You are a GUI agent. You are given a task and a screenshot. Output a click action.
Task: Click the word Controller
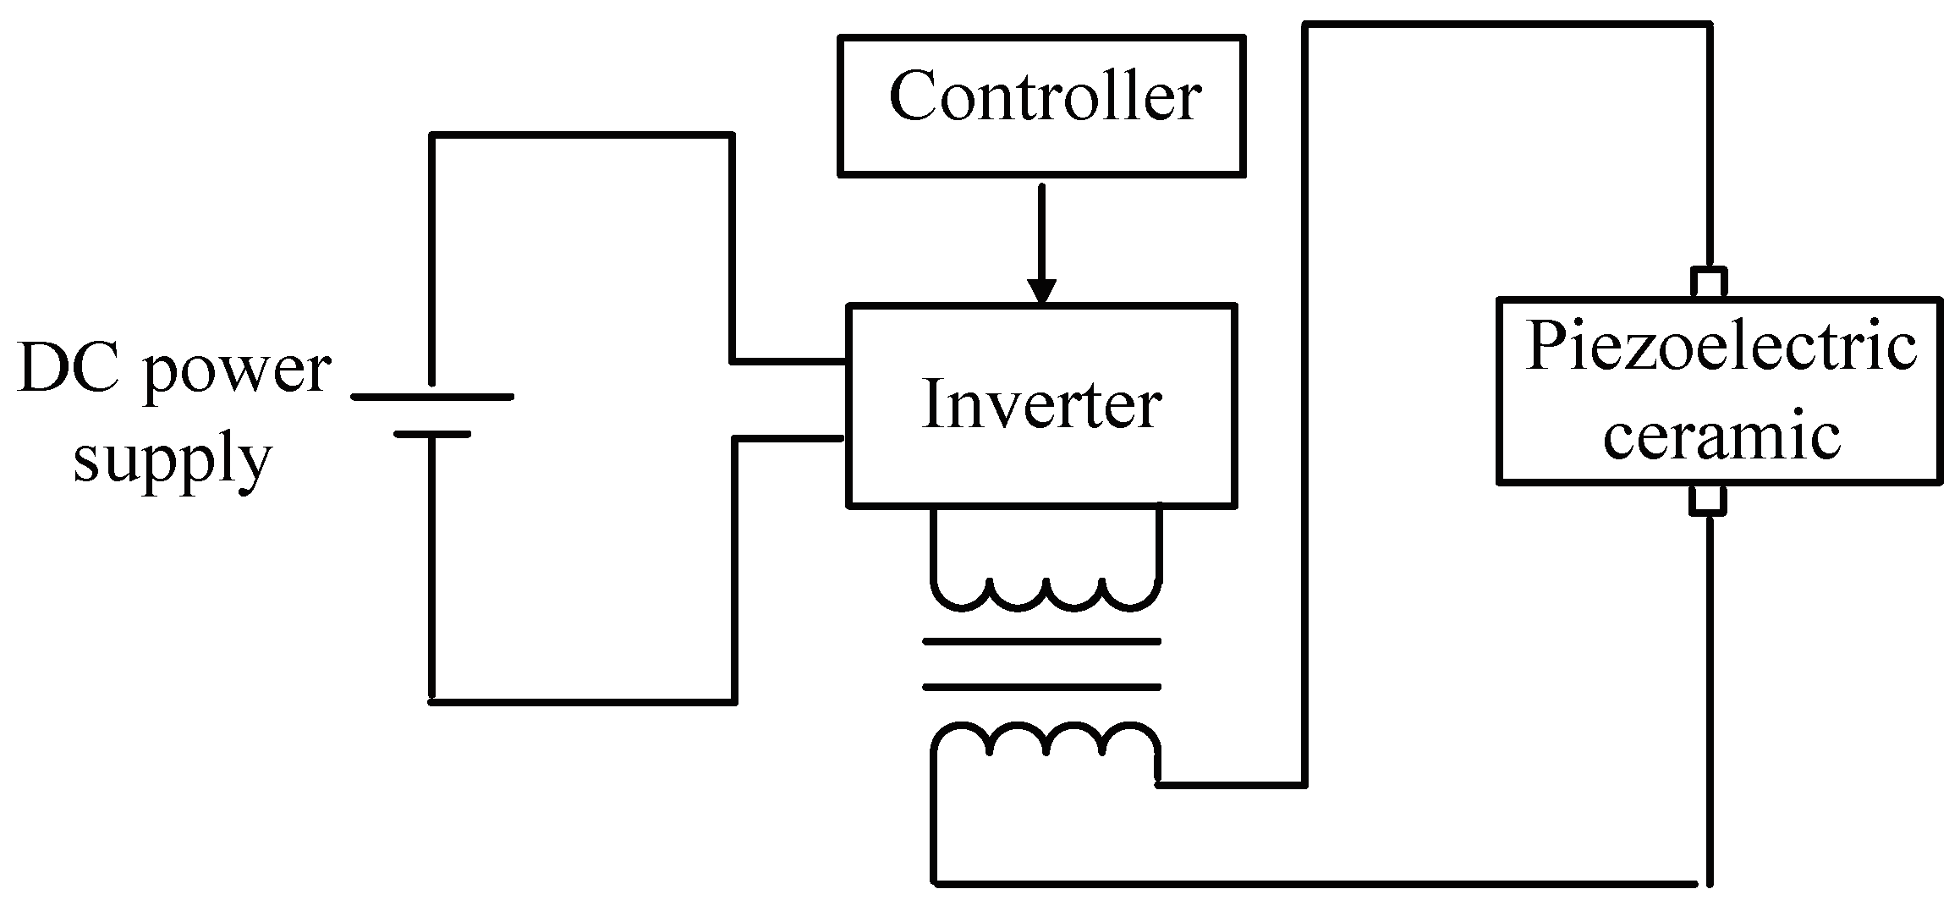point(1044,96)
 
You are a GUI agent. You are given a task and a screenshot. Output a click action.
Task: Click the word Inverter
point(1041,404)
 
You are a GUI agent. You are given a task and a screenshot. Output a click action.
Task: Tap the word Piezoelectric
point(1721,348)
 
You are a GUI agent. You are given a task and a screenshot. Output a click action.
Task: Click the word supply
point(173,462)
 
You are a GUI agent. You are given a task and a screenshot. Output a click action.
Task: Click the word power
point(239,372)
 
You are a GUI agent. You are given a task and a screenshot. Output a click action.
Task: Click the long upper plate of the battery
point(432,397)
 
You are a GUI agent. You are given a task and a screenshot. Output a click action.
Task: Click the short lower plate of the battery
point(432,434)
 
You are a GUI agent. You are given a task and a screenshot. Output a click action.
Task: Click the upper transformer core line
point(1041,642)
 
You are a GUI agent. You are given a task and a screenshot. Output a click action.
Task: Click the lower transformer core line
point(1041,687)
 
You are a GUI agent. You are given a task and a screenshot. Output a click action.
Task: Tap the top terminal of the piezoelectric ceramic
point(1709,282)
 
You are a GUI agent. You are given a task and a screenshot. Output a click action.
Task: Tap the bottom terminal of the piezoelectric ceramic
point(1709,500)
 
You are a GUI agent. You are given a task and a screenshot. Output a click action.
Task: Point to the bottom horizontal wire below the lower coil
point(1320,884)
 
